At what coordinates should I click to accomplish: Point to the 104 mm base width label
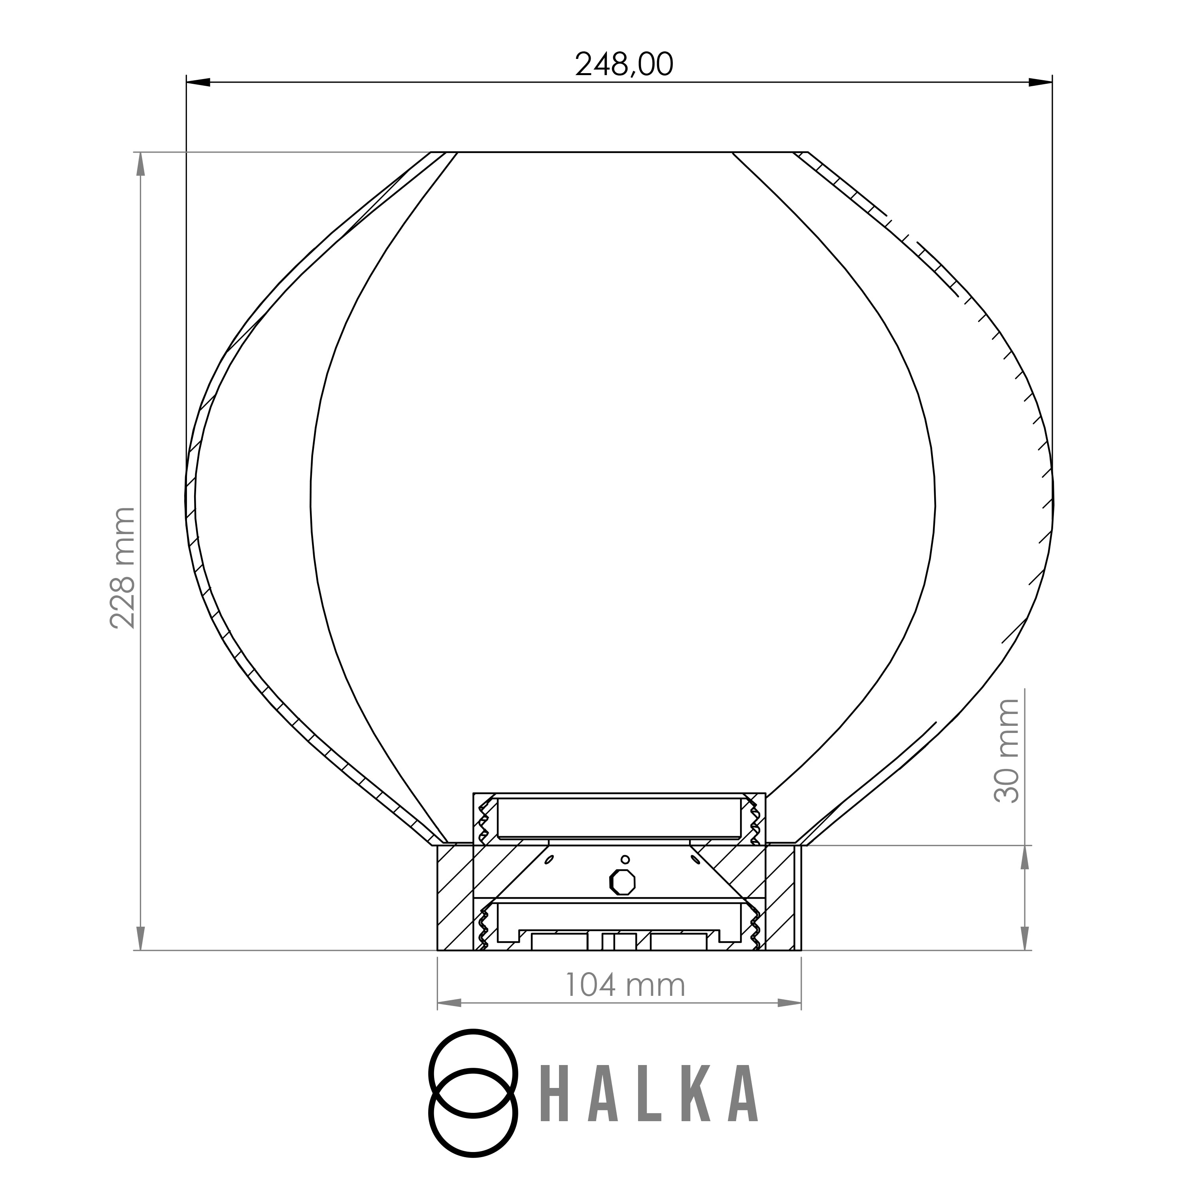point(624,985)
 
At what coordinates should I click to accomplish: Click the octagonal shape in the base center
point(623,882)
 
